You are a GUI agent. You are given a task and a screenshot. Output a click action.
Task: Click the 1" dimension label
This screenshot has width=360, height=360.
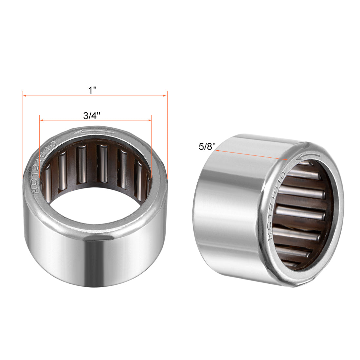coord(93,90)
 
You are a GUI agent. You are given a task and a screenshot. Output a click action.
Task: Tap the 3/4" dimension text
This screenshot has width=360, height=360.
coord(92,116)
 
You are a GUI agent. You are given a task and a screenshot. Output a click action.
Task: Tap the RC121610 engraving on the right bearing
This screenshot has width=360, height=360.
coord(277,205)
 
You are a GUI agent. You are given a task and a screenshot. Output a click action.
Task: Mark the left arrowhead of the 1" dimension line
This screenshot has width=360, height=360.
coord(25,96)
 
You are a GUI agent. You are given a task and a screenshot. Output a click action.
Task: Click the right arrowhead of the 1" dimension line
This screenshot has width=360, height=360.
coord(165,96)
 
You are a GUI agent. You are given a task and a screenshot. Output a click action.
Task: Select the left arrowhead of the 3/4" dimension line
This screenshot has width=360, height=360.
coord(41,120)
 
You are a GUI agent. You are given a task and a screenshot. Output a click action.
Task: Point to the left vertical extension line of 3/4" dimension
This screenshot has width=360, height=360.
coord(39,147)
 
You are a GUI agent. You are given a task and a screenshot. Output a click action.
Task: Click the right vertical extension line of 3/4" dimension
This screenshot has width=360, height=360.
coord(152,147)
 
